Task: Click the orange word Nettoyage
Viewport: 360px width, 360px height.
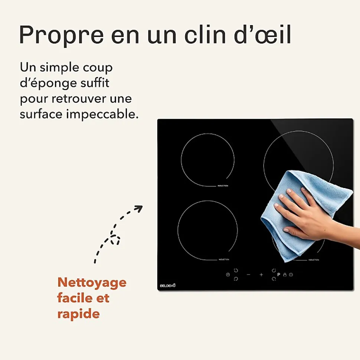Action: tap(92, 283)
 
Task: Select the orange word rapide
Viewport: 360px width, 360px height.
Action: tap(78, 314)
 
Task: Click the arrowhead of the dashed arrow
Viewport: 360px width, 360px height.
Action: tap(139, 208)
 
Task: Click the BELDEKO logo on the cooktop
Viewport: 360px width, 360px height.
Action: tap(167, 285)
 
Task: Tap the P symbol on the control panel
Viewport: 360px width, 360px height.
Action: tap(279, 275)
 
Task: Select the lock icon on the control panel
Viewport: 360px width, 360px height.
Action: tap(285, 275)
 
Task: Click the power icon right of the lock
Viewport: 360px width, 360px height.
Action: tap(291, 275)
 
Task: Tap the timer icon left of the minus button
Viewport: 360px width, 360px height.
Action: tap(228, 275)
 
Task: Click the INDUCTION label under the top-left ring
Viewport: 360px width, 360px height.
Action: tap(223, 186)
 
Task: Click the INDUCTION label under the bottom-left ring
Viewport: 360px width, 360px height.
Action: tap(224, 260)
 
